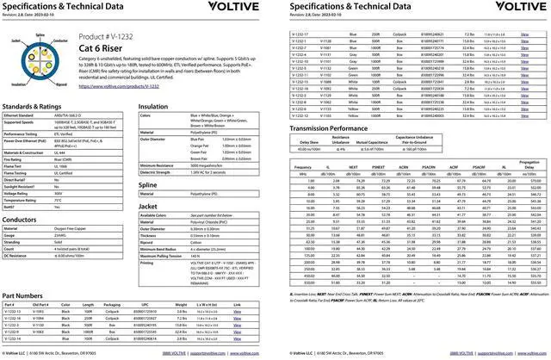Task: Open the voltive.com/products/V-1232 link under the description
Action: coord(130,87)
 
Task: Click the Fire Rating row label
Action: coord(16,158)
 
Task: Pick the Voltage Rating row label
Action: coord(20,194)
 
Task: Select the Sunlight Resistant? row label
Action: coord(23,185)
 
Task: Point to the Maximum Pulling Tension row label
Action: coord(164,255)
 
